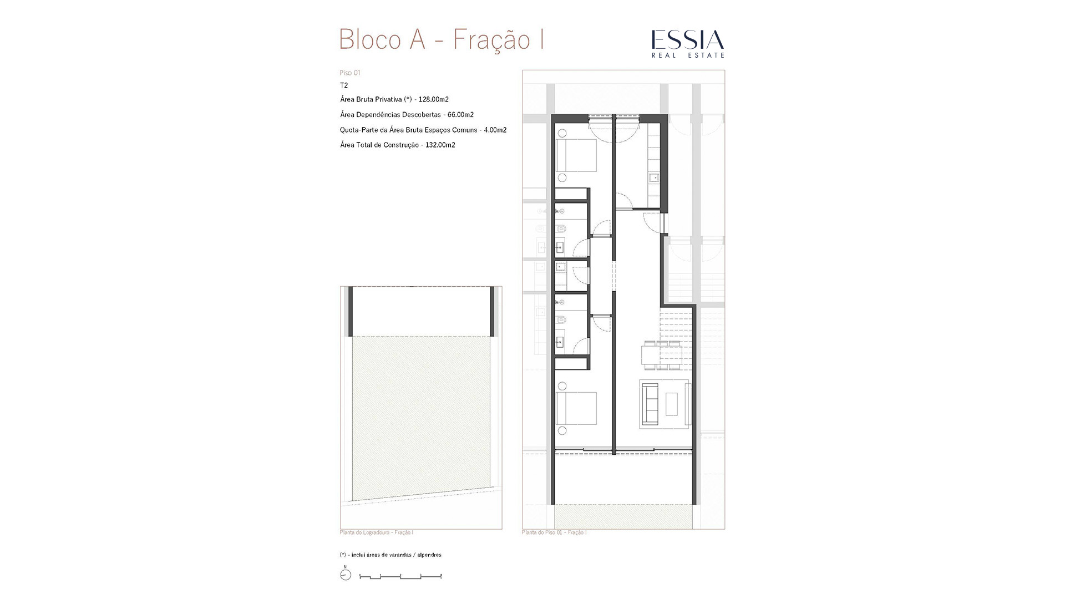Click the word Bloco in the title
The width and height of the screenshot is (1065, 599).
(370, 39)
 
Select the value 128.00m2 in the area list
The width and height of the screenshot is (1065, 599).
(434, 99)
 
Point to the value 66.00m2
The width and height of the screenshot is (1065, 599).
(460, 115)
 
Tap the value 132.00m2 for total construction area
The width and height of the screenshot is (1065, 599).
(440, 145)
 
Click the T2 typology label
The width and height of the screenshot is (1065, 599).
(344, 85)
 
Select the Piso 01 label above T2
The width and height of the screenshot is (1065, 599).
(350, 73)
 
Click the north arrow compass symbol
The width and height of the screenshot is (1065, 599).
(346, 575)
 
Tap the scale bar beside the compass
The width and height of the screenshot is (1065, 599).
(400, 577)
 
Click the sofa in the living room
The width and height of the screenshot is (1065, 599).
(650, 404)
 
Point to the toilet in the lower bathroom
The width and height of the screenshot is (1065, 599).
(561, 319)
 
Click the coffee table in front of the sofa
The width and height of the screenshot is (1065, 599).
(672, 404)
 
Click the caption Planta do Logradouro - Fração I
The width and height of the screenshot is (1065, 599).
(377, 532)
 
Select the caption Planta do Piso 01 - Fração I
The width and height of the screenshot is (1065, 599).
(554, 532)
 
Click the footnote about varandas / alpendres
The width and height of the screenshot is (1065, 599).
(390, 555)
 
